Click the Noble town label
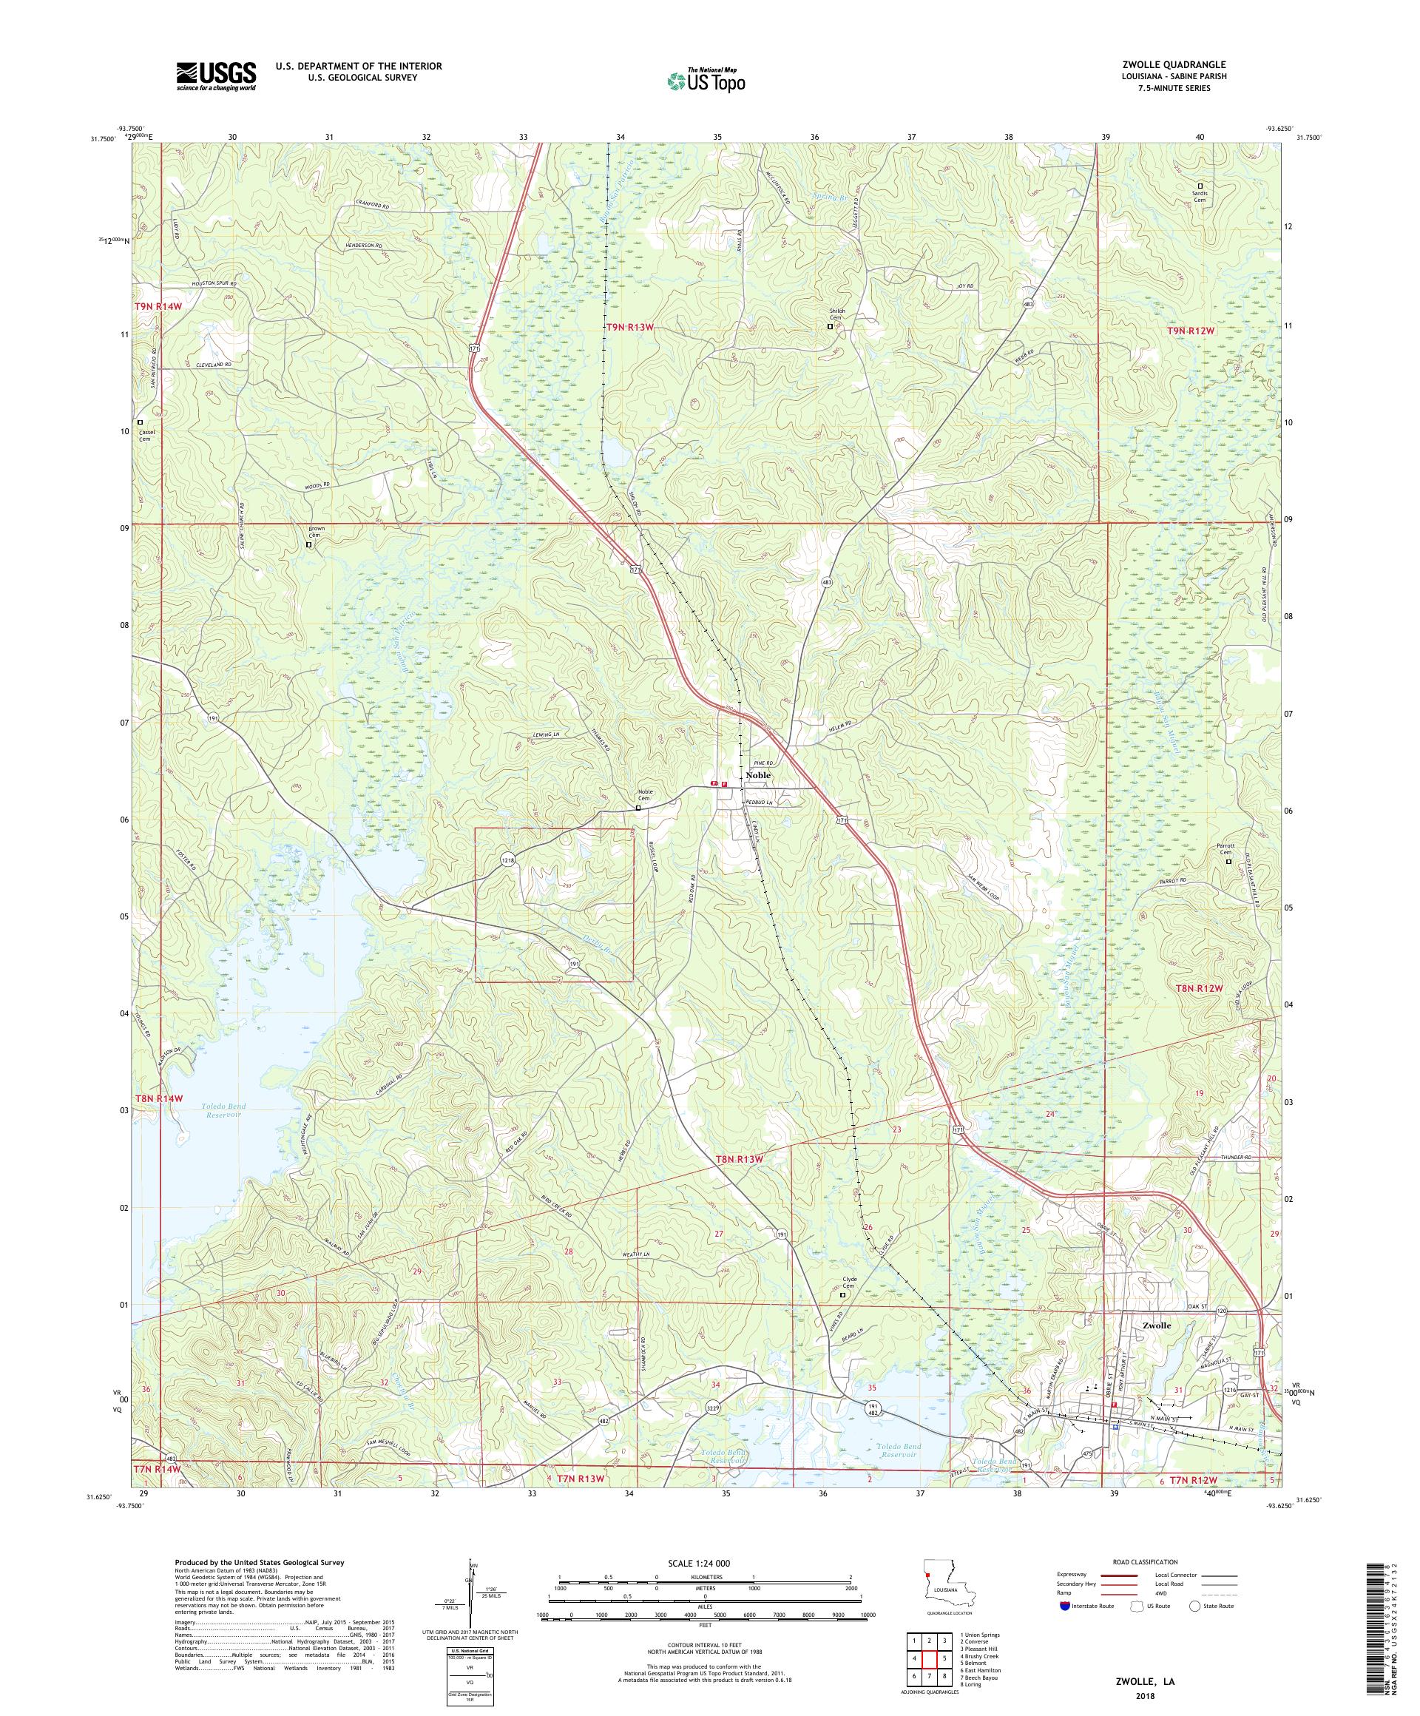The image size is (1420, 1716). tap(757, 774)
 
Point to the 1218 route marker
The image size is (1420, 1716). tap(508, 859)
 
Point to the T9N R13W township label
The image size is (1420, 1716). tap(630, 328)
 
